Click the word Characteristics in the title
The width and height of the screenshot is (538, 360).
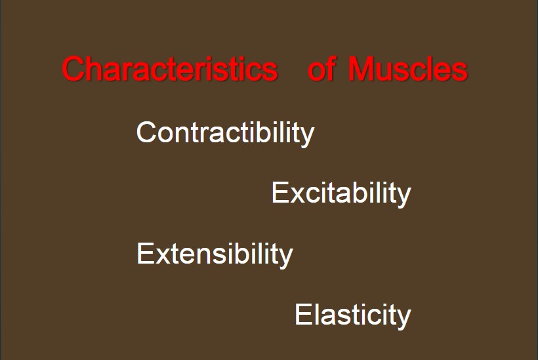pyautogui.click(x=170, y=69)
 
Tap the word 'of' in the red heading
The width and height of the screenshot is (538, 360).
pyautogui.click(x=321, y=69)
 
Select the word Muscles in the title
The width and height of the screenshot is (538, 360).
pyautogui.click(x=408, y=69)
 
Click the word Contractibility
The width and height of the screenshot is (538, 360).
pyautogui.click(x=226, y=133)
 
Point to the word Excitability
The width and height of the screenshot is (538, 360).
pyautogui.click(x=341, y=193)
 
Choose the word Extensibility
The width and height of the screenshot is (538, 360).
pyautogui.click(x=215, y=254)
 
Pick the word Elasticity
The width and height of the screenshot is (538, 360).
pyautogui.click(x=353, y=315)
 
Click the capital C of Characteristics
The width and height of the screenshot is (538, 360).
pyautogui.click(x=73, y=69)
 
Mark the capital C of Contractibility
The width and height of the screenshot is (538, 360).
pyautogui.click(x=146, y=132)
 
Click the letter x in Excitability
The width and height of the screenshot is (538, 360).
pyautogui.click(x=297, y=195)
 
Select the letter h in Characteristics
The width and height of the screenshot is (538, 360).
pyautogui.click(x=95, y=69)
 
